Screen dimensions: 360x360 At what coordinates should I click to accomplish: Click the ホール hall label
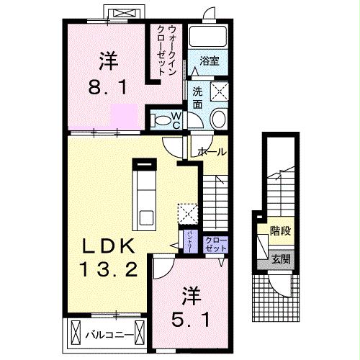click(212, 152)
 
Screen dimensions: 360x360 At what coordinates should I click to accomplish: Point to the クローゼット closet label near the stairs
click(215, 243)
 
